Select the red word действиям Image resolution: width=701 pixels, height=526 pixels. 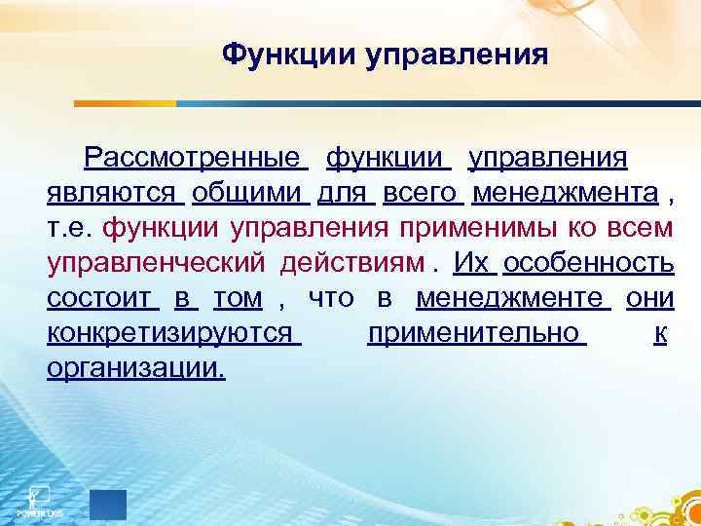point(353,264)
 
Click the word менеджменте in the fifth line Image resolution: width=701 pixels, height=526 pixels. point(511,299)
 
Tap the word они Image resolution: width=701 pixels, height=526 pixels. point(649,299)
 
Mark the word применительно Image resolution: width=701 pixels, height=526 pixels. point(473,334)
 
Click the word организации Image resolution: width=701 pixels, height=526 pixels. point(135,370)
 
